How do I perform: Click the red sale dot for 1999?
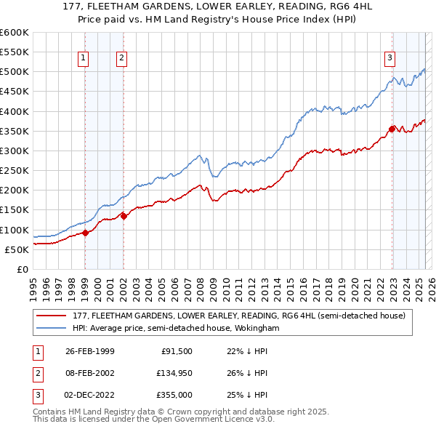click(x=85, y=233)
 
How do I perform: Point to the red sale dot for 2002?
click(x=124, y=215)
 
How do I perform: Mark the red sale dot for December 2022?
click(x=392, y=129)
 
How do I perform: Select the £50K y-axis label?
click(x=17, y=249)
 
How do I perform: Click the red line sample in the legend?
click(x=52, y=316)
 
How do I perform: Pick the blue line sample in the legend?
click(x=52, y=329)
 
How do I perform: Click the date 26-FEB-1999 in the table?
click(x=90, y=351)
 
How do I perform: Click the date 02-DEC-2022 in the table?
click(x=90, y=395)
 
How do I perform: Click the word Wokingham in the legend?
click(x=256, y=329)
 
